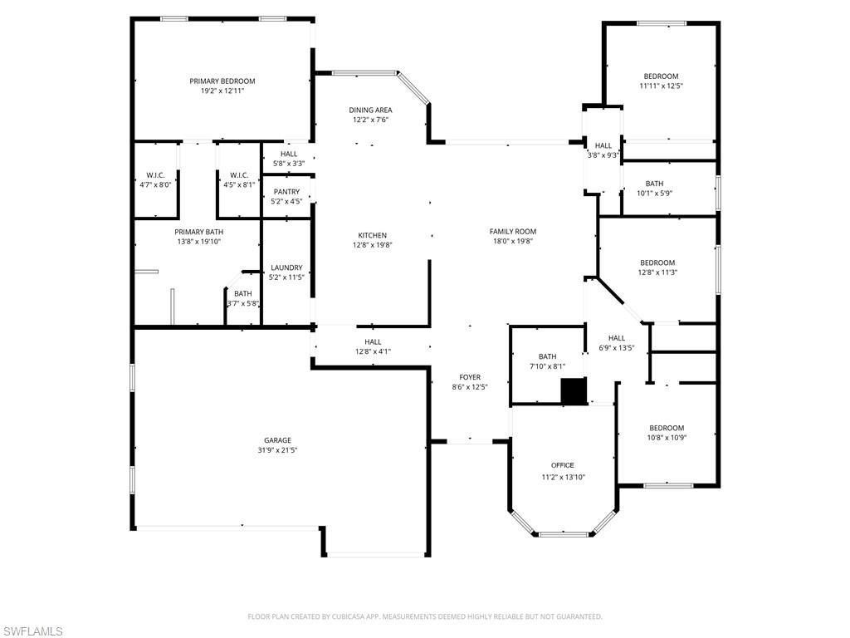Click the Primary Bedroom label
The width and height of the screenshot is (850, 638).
(x=222, y=81)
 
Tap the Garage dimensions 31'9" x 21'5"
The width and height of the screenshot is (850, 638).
(x=277, y=450)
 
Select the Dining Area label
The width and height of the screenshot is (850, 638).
(x=370, y=110)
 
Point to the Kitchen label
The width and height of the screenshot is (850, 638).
(x=372, y=235)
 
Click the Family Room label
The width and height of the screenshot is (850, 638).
(x=512, y=232)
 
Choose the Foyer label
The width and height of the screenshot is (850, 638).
(x=469, y=377)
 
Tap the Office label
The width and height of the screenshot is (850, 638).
(x=563, y=465)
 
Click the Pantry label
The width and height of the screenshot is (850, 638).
(x=286, y=192)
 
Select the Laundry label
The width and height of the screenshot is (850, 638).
(x=286, y=267)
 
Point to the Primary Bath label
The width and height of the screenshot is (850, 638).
(x=198, y=232)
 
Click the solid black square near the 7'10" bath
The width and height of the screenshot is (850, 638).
(x=574, y=391)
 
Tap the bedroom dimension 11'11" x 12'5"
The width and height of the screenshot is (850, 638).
(x=661, y=86)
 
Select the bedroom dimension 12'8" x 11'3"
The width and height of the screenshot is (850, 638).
(x=657, y=272)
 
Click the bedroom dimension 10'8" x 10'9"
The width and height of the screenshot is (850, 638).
(x=667, y=438)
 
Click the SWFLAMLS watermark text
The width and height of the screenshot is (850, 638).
(x=32, y=631)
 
